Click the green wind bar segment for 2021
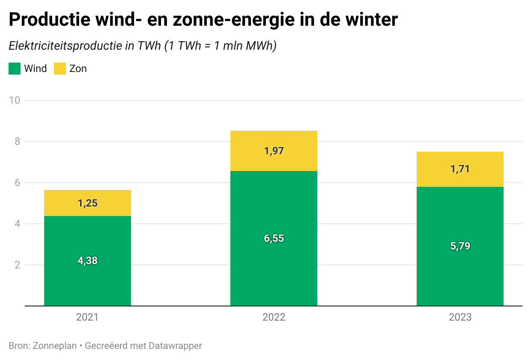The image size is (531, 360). coord(87,261)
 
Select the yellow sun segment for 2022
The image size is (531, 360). coord(274,151)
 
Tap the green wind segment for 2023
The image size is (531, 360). coord(460,246)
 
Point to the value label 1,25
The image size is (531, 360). coord(88,203)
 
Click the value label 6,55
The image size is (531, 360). coord(274,238)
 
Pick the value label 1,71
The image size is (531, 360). coord(460,169)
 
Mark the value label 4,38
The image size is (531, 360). coord(87,261)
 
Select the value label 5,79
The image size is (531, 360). coord(460,246)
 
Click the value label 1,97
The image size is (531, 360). coord(274,151)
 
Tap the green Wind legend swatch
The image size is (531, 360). coord(15,69)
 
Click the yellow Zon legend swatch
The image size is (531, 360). coord(60,69)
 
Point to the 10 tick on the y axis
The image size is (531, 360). coord(15,100)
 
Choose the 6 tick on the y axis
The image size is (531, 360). coord(17,183)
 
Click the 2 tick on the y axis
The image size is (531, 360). coord(17,265)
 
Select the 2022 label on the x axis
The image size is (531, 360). coord(274,317)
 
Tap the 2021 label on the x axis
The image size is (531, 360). coord(87,317)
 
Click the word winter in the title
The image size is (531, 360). coord(371,19)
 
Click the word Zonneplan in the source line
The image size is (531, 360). coord(55,346)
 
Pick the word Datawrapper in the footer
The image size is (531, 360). coord(176,346)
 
